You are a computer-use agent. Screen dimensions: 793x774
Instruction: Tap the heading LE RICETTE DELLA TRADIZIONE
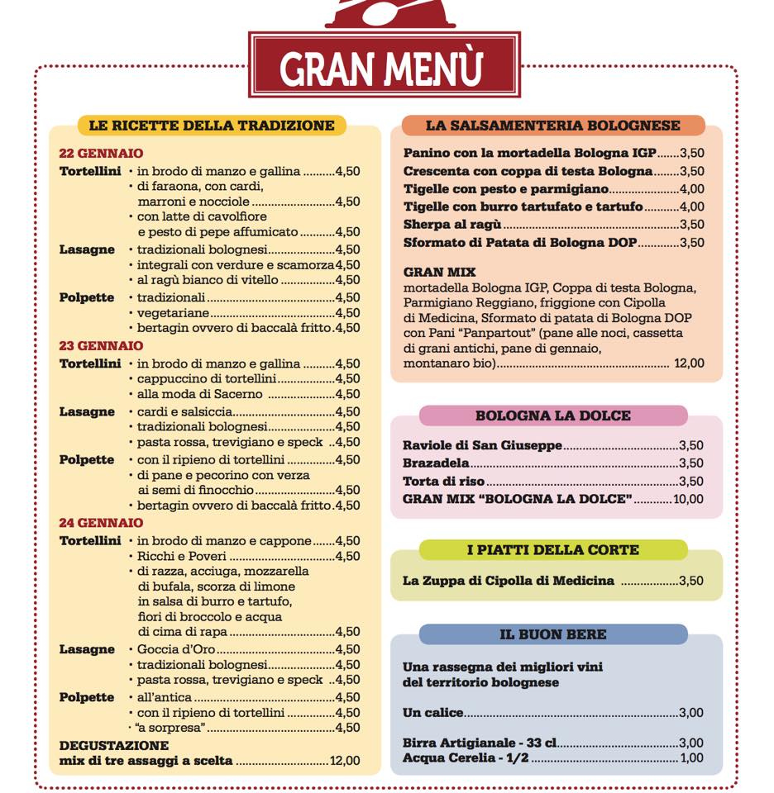(212, 126)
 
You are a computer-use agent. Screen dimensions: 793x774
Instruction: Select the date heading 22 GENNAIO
(101, 154)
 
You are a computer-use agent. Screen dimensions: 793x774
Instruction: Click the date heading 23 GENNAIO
(101, 346)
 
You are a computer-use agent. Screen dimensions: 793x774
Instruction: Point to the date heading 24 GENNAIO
(101, 523)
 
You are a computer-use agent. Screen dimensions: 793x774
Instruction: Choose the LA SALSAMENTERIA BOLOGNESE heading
(552, 126)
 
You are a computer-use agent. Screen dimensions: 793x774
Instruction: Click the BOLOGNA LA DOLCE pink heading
(552, 415)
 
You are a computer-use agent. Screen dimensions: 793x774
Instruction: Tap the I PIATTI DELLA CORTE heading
(552, 550)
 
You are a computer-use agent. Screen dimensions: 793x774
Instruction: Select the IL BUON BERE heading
(552, 634)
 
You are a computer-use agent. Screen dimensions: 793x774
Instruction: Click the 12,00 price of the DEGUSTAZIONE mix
(345, 761)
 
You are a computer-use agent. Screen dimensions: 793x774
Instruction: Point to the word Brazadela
(436, 463)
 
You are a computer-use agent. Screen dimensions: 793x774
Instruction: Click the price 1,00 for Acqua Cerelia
(690, 758)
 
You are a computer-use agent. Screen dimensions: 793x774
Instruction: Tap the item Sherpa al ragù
(452, 225)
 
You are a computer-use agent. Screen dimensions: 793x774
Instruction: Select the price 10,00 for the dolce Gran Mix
(688, 499)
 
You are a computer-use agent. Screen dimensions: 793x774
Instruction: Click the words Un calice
(432, 713)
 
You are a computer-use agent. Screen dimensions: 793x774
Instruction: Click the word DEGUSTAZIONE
(113, 746)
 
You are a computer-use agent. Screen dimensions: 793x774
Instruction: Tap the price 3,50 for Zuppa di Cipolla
(690, 581)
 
